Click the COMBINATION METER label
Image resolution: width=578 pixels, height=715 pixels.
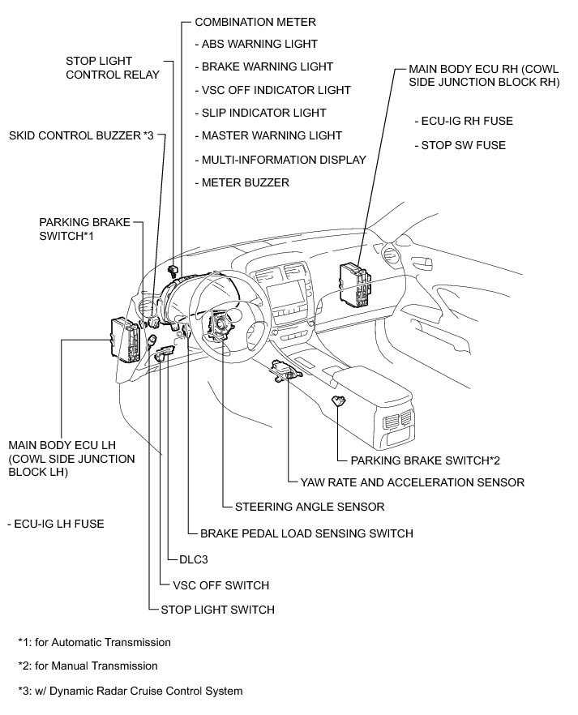pos(255,21)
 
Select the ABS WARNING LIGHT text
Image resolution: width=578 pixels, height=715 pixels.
pos(256,44)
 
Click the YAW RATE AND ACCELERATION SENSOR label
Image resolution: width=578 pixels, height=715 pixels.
pos(412,482)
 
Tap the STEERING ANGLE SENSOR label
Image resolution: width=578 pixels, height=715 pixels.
pos(310,507)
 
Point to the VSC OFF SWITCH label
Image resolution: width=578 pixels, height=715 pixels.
pos(220,584)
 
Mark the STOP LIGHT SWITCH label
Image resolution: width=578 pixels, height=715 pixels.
pos(217,610)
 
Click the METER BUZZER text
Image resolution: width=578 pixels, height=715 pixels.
pos(242,182)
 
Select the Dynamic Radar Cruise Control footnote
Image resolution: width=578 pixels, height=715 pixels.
pos(131,691)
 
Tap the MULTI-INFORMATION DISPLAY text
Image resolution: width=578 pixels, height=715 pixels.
pos(280,160)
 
